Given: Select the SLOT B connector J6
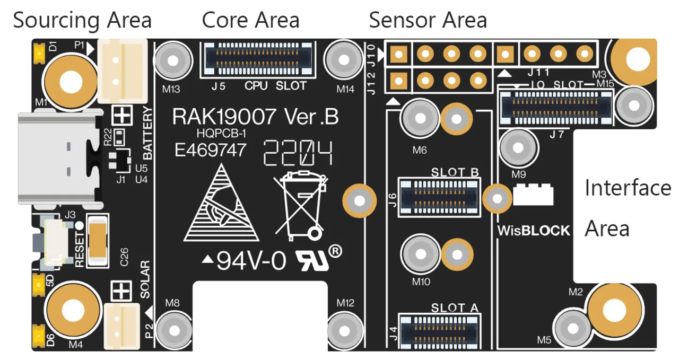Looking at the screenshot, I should click(x=440, y=196).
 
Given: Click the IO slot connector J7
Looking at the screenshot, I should click(x=555, y=104).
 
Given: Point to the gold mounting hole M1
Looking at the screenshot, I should click(x=69, y=83).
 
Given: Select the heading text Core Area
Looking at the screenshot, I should click(x=250, y=20).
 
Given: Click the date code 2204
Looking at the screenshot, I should click(x=299, y=153).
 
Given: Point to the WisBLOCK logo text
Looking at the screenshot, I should click(x=533, y=231).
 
